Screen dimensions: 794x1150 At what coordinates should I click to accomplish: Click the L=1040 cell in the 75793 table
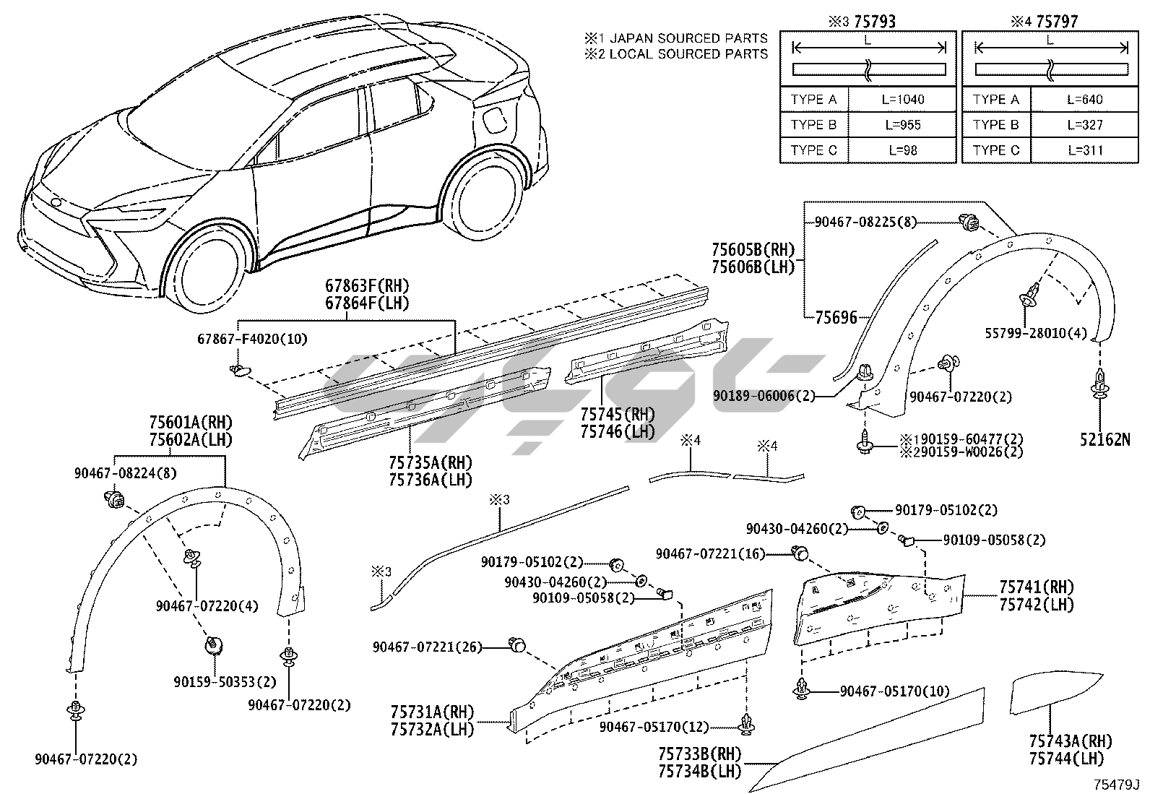[x=904, y=100]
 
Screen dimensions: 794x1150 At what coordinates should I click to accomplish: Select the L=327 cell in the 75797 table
[x=1084, y=125]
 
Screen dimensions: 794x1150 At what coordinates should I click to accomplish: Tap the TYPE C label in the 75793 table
[x=813, y=150]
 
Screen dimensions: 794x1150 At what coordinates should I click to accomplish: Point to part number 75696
[x=836, y=317]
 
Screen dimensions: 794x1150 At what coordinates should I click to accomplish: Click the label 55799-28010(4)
[x=1035, y=333]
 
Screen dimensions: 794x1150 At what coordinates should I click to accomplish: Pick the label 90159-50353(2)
[x=225, y=681]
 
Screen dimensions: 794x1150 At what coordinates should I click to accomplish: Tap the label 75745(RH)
[x=617, y=415]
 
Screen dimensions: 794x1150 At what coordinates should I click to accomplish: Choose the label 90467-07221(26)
[x=427, y=647]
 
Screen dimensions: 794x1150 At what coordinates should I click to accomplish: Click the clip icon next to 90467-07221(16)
[x=800, y=554]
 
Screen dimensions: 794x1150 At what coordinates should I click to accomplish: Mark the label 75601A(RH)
[x=191, y=423]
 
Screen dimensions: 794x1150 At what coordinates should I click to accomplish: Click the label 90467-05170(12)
[x=654, y=728]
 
